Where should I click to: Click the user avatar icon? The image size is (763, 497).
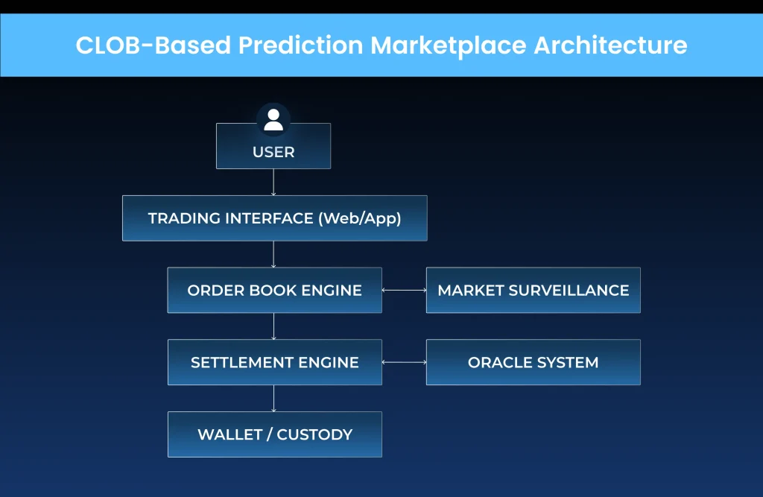click(x=273, y=120)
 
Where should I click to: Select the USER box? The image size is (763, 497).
click(x=273, y=152)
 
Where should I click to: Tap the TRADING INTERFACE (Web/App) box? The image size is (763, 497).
click(x=274, y=218)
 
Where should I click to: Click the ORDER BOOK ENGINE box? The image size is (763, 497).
click(x=274, y=291)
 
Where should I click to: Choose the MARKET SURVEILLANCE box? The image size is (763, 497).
click(x=533, y=291)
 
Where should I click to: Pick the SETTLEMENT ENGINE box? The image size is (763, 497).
click(x=274, y=363)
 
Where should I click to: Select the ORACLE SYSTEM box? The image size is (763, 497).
click(x=533, y=363)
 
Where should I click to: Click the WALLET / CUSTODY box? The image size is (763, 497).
click(x=274, y=434)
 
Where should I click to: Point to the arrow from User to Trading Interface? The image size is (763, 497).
click(x=273, y=183)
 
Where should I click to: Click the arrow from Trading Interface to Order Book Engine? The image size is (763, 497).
click(x=273, y=254)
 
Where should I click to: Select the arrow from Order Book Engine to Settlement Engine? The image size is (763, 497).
click(x=273, y=326)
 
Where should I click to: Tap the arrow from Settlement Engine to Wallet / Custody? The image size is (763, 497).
click(x=273, y=399)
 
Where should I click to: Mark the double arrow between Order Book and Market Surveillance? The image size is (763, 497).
click(x=404, y=291)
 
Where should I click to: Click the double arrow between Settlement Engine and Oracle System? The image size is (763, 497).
click(x=404, y=363)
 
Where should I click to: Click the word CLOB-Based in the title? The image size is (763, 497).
click(x=152, y=45)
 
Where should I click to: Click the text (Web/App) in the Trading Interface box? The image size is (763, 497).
click(x=361, y=218)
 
